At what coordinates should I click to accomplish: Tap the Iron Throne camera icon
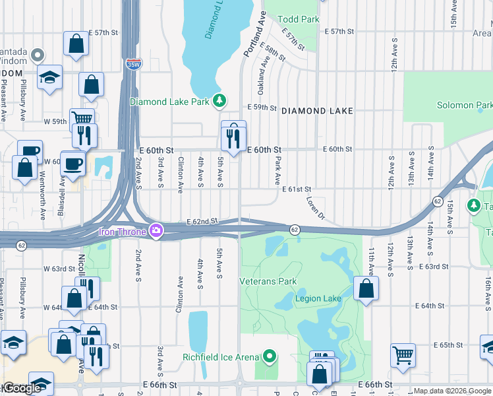pos(156,231)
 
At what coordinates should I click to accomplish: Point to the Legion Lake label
pos(318,298)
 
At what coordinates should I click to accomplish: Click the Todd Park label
pos(299,19)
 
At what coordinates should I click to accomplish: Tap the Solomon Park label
pos(465,105)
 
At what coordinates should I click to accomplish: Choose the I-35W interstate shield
pos(132,64)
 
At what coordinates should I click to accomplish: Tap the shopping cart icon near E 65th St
pos(402,354)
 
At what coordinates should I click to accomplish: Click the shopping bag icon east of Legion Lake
pos(366,288)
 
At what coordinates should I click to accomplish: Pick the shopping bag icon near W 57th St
pos(76,44)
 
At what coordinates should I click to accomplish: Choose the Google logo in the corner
pos(22,389)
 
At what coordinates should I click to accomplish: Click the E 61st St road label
pos(297,189)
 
